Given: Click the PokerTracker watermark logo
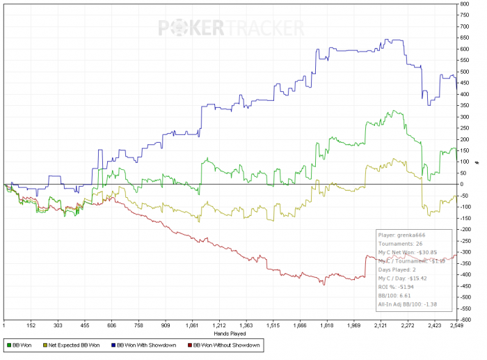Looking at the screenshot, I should point(231,28).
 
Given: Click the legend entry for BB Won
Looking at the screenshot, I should point(22,345).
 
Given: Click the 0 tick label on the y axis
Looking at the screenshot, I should point(461,185).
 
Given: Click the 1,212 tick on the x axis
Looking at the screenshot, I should point(219,325).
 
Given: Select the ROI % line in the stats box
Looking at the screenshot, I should point(394,287).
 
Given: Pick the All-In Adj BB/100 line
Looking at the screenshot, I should point(407,304).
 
